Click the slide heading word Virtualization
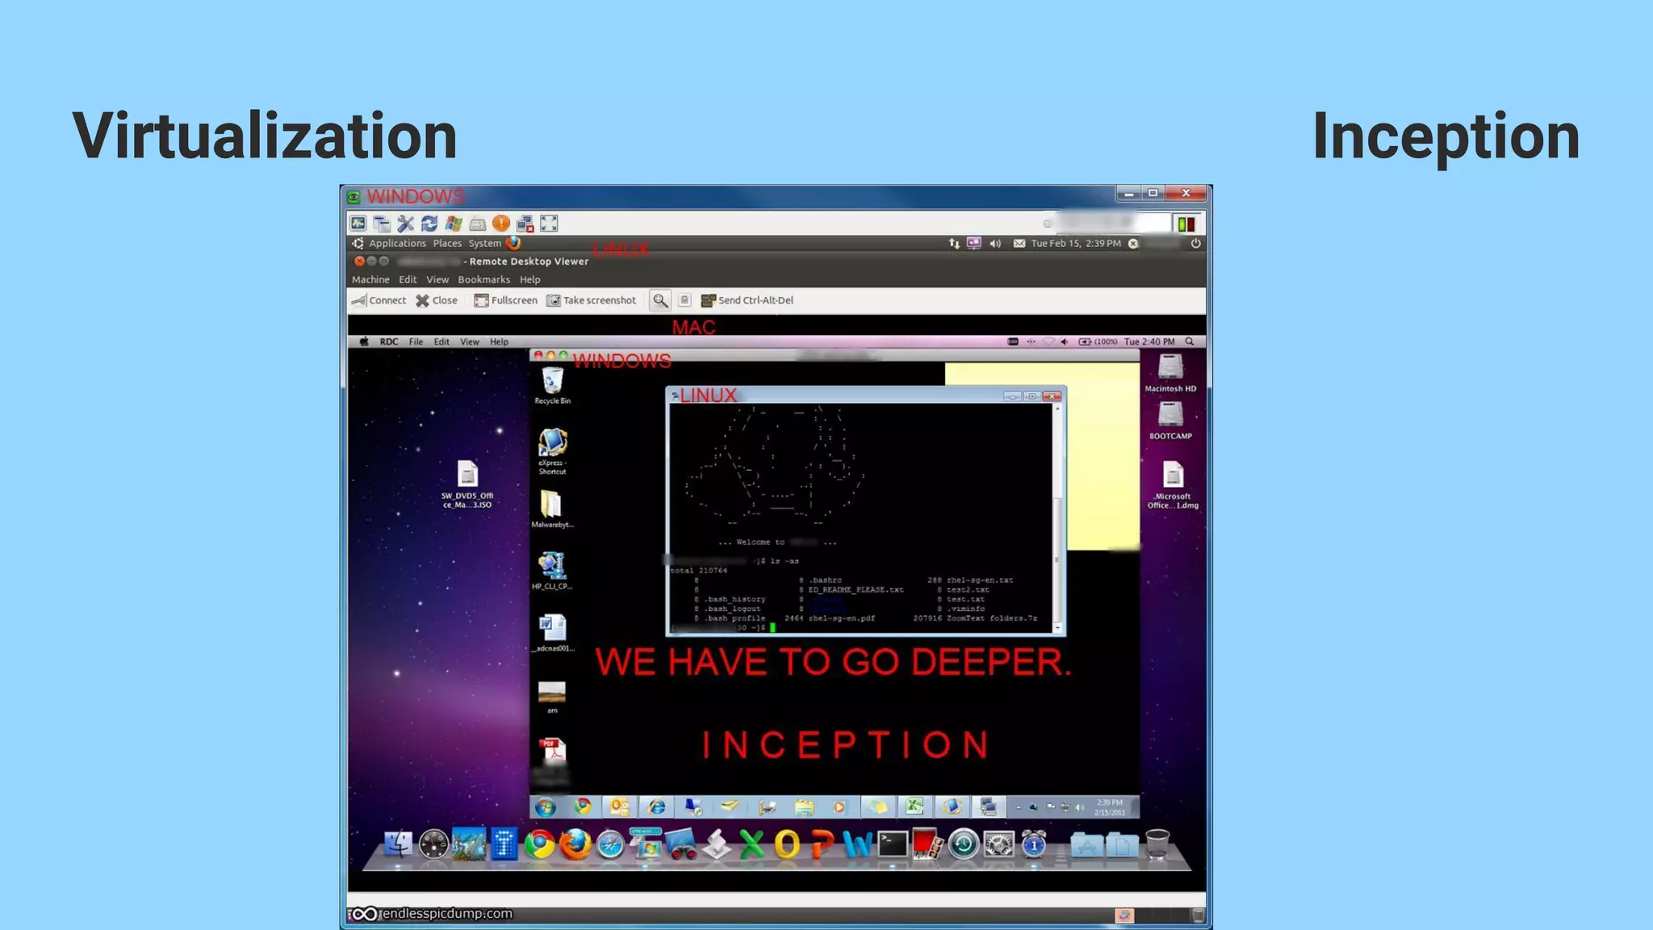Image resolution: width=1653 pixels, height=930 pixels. (x=265, y=136)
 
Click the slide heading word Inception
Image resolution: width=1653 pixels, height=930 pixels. (x=1446, y=136)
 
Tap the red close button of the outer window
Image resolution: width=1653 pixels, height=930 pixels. (x=1186, y=193)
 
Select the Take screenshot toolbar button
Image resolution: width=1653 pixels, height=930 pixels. (x=592, y=300)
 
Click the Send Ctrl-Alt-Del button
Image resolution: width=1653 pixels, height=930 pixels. (x=747, y=300)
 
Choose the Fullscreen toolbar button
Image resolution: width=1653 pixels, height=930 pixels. (x=506, y=300)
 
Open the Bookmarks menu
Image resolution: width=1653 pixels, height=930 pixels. (x=483, y=279)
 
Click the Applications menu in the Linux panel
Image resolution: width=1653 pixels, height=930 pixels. (x=396, y=243)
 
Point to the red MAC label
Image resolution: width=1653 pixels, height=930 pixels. (x=693, y=327)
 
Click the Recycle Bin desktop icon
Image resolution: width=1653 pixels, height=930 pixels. (x=553, y=383)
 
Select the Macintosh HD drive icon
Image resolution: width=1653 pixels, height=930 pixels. (x=1170, y=370)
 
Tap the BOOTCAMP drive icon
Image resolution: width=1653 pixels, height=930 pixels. (x=1170, y=417)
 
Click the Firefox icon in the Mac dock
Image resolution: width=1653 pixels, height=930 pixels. (x=575, y=844)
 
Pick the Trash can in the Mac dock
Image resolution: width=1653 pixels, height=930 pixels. (x=1157, y=844)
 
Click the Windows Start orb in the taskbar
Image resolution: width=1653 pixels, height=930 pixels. (x=546, y=806)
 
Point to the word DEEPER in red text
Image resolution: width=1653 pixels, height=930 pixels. (x=990, y=662)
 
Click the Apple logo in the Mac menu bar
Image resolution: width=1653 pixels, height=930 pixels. (x=364, y=341)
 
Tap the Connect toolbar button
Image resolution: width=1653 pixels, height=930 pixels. (x=379, y=300)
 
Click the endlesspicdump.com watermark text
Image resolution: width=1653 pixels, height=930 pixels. (x=446, y=914)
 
